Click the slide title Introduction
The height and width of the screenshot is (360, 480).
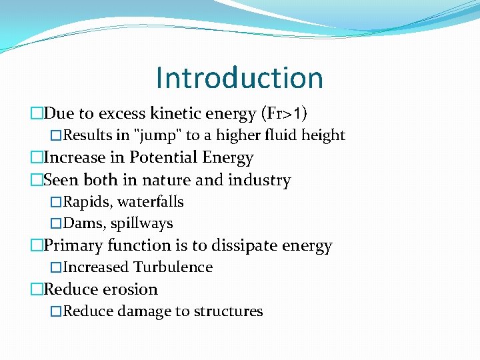pos(239,77)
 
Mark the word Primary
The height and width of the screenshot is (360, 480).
pos(72,245)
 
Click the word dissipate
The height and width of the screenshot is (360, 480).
pos(245,245)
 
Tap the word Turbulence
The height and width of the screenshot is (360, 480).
pos(173,267)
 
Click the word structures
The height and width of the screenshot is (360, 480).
pos(228,311)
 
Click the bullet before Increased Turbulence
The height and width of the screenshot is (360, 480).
pos(56,267)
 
